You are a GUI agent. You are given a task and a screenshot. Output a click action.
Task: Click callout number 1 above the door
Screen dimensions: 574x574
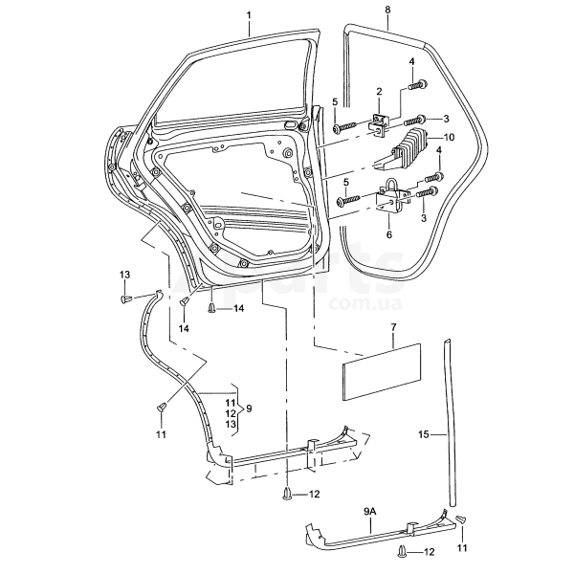tap(248, 15)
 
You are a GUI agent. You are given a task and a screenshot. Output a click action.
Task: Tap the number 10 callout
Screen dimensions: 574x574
tap(450, 138)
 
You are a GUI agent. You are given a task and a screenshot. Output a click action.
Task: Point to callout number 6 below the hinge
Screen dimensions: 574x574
tap(388, 234)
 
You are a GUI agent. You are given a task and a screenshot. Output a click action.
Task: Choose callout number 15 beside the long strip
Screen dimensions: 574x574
tap(424, 432)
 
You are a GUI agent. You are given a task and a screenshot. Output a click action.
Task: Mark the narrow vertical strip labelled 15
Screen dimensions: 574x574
tap(451, 421)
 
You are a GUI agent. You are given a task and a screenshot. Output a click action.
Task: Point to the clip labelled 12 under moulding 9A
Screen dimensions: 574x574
tap(403, 552)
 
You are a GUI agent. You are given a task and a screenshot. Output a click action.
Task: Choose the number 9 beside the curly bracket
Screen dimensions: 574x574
tap(248, 408)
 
